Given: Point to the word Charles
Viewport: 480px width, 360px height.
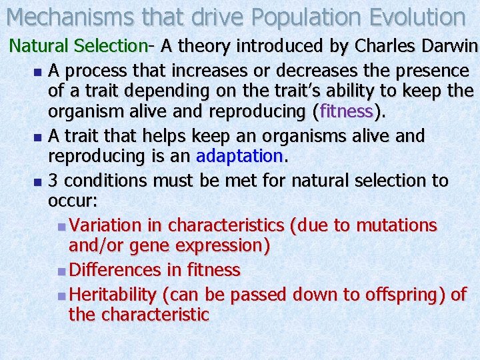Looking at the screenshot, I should [385, 47].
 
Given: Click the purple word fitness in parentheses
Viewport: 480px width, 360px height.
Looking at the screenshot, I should [346, 111].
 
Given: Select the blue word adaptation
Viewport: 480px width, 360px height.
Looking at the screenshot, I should [240, 156].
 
